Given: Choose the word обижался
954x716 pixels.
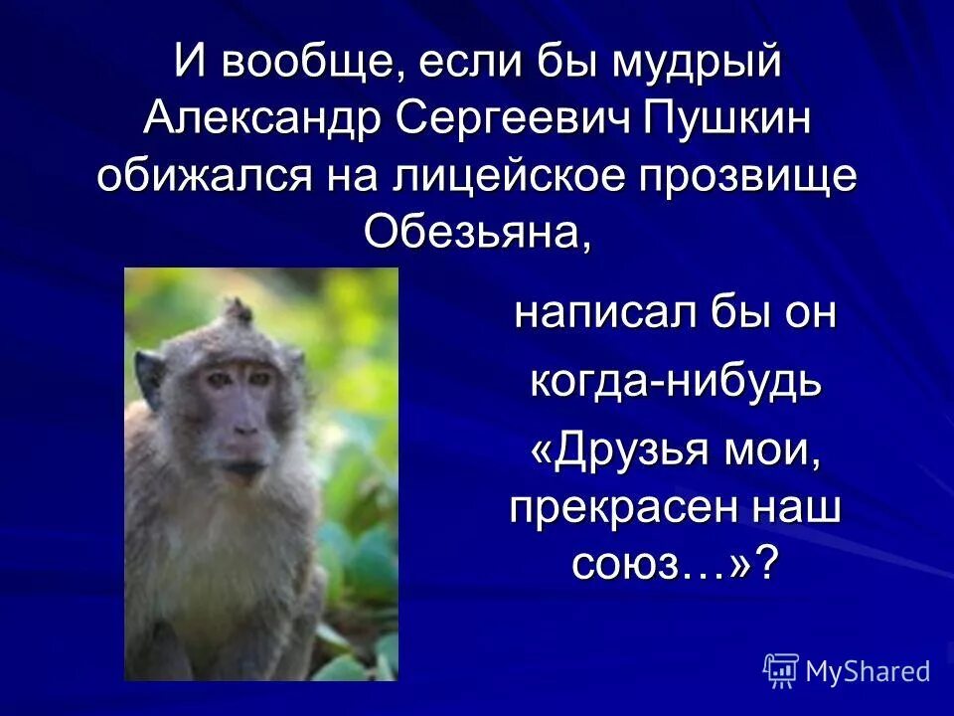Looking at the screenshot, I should (203, 178).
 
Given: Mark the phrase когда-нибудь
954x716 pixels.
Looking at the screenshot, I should (676, 383).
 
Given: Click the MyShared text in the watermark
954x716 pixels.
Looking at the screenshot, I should (867, 672).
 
